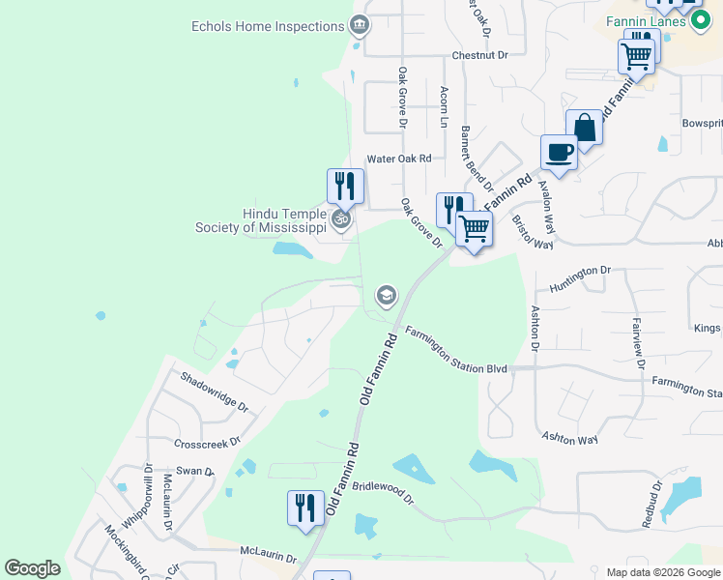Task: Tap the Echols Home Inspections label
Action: coord(268,26)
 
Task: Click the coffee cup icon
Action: coord(560,151)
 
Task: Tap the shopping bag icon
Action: coord(585,127)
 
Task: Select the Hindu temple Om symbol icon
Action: coord(340,220)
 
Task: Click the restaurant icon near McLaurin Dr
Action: coord(305,507)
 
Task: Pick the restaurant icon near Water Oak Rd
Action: coord(345,185)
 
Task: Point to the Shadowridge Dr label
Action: coord(214,392)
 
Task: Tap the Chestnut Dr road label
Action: coord(479,55)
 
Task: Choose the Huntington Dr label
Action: coord(581,279)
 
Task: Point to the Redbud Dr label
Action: coord(651,504)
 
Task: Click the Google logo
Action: coord(33,568)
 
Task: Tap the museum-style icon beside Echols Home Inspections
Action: coord(360,23)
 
